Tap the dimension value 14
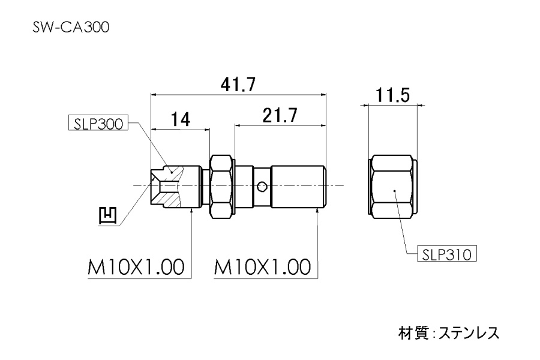pyautogui.click(x=179, y=119)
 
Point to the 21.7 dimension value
pyautogui.click(x=279, y=116)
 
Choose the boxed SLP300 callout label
pyautogui.click(x=97, y=124)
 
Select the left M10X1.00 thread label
pyautogui.click(x=135, y=266)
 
